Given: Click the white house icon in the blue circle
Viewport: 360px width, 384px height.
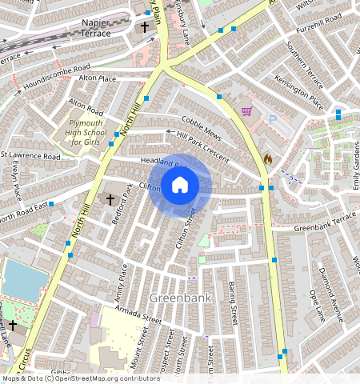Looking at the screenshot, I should coord(180,186).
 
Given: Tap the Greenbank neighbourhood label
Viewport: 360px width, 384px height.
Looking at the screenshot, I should coord(176,298).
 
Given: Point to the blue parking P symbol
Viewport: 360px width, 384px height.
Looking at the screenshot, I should coord(272,119).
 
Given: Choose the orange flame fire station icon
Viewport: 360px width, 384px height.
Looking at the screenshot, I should coord(267,158).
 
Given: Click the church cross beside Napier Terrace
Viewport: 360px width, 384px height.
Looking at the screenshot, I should coord(145,27).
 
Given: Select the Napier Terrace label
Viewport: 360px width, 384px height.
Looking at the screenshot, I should coord(102,29).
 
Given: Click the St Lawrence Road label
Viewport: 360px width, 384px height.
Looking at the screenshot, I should coord(30,156).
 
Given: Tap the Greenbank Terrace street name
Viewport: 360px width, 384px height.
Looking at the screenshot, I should coord(324,222).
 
